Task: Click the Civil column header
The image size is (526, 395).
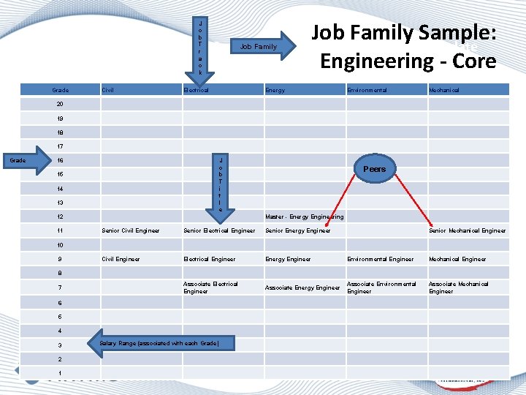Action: click(107, 90)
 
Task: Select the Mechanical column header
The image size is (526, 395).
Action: click(444, 90)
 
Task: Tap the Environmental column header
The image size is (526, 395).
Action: click(367, 90)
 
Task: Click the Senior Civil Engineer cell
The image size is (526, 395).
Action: click(131, 231)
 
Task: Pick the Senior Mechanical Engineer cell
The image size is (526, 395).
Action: click(468, 231)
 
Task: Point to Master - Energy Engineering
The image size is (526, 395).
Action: click(305, 217)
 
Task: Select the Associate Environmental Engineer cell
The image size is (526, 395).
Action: click(381, 287)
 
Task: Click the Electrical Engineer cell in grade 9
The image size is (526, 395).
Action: click(210, 259)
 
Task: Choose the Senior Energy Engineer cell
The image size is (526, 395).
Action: click(298, 231)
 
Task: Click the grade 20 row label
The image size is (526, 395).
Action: click(60, 104)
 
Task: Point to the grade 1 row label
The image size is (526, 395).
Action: click(60, 372)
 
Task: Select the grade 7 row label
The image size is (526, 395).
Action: click(60, 287)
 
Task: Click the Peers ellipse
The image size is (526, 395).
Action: click(375, 169)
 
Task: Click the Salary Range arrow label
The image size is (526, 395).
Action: click(159, 343)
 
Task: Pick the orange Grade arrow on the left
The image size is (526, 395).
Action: click(25, 161)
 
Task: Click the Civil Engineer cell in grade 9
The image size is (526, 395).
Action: click(121, 259)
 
